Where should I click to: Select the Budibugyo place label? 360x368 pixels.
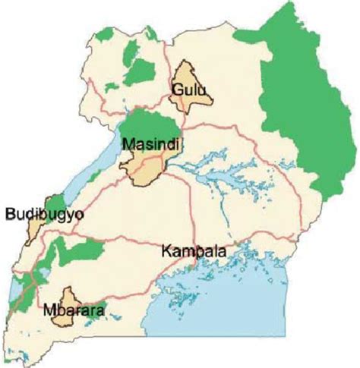(43, 215)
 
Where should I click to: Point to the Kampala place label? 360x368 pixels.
(194, 250)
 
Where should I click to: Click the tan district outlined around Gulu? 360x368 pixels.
(191, 76)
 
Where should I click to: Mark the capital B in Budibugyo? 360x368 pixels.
(9, 215)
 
